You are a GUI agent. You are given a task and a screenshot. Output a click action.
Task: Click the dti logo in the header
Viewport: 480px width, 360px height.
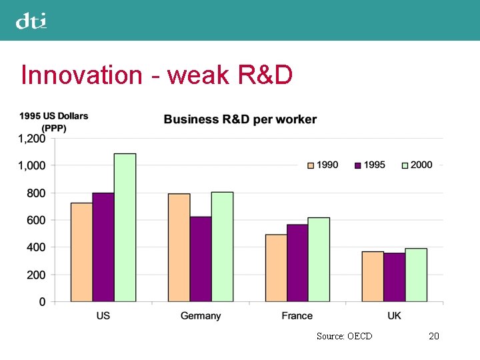(31, 21)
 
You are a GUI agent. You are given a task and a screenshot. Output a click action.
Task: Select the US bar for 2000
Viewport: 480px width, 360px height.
(125, 227)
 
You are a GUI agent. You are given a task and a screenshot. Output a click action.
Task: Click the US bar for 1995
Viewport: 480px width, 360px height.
(103, 247)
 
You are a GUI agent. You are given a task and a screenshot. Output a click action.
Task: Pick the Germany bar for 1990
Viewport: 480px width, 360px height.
(179, 247)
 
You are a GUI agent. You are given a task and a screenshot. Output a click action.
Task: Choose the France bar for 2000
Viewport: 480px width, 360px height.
(319, 259)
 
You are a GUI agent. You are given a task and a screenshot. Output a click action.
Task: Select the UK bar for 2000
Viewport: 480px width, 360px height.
(416, 275)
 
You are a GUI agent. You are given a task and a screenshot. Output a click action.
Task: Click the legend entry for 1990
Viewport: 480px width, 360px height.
(323, 165)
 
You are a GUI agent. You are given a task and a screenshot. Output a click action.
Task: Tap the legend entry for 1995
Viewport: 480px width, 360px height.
(369, 165)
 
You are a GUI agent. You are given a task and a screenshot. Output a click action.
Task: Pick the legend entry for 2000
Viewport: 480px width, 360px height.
(417, 165)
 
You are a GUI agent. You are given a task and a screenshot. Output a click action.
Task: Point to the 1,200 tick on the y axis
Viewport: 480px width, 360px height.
(31, 139)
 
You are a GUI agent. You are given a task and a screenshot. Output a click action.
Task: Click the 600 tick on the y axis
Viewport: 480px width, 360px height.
(37, 220)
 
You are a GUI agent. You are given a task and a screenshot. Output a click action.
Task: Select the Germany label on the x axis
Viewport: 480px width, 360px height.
(200, 316)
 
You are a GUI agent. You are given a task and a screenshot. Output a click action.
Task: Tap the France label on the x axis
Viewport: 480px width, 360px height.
(297, 316)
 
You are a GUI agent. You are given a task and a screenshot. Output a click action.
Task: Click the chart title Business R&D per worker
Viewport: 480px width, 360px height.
(240, 120)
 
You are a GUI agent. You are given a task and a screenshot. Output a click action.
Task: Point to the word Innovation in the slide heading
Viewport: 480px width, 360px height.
(81, 75)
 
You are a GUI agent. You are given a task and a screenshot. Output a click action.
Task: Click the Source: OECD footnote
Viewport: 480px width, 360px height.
(344, 336)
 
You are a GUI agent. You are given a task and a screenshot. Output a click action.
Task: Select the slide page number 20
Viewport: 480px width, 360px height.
(433, 336)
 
